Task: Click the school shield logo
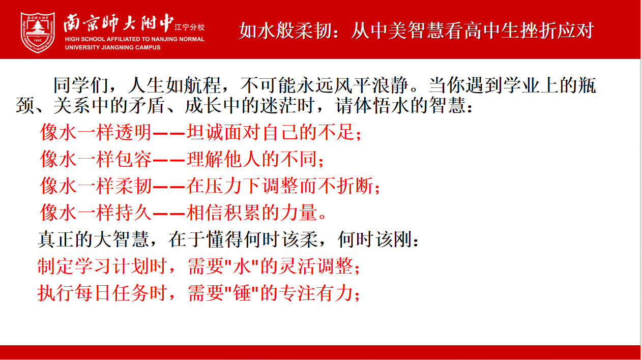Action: (x=38, y=33)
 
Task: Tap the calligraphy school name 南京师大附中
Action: (x=119, y=23)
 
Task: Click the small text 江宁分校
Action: (x=189, y=27)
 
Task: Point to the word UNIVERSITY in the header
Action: (x=80, y=47)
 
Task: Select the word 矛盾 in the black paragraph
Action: (x=147, y=105)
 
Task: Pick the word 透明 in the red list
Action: (x=133, y=132)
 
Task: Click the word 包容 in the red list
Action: (x=133, y=159)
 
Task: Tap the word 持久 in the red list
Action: (x=133, y=213)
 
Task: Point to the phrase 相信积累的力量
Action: (x=252, y=213)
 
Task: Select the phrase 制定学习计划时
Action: (x=102, y=266)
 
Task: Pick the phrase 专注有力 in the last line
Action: (x=316, y=293)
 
